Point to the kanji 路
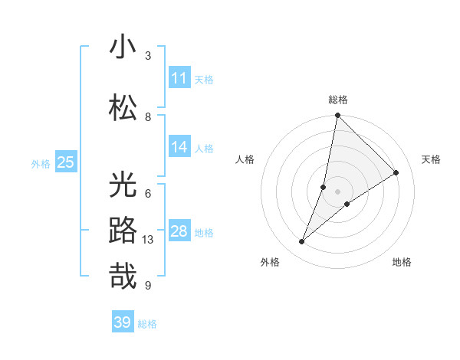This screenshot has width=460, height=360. coord(123,230)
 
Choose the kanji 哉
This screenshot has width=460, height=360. coord(123,275)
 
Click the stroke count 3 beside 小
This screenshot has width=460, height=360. coord(148,56)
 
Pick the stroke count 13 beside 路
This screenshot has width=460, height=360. coord(149,240)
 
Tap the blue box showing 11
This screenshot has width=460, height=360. coord(179,78)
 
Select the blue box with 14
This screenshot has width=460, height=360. coord(179,147)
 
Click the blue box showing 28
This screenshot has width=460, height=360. coord(179,231)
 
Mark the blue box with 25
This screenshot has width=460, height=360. coord(65,162)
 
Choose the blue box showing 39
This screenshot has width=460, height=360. coord(122,322)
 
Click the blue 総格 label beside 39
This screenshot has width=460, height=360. coord(147,324)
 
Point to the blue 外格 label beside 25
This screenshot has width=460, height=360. coord(41,163)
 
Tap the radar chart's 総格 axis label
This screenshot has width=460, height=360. coord(337,100)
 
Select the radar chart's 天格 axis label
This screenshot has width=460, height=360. coord(432,159)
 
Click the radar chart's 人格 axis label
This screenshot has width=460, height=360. coord(245,159)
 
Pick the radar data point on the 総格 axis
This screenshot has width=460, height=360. coord(337,116)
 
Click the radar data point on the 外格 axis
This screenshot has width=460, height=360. coord(302,242)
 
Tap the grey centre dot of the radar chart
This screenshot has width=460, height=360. coord(337,191)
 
